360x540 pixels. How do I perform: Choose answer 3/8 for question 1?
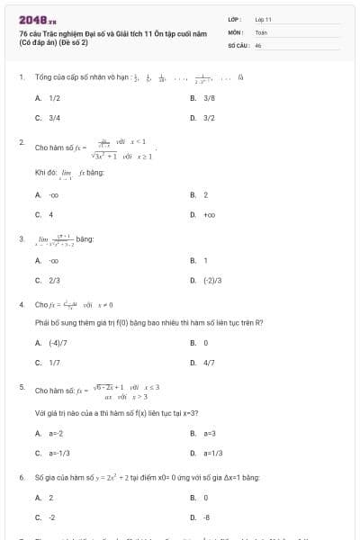(x=209, y=97)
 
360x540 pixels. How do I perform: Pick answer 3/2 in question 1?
(x=209, y=117)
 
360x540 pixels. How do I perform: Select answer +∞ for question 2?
(x=210, y=214)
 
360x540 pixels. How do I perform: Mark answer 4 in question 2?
(x=50, y=214)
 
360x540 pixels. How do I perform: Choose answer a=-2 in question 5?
(x=56, y=433)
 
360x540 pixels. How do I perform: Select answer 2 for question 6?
(x=50, y=497)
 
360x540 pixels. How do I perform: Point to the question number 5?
(x=21, y=386)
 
